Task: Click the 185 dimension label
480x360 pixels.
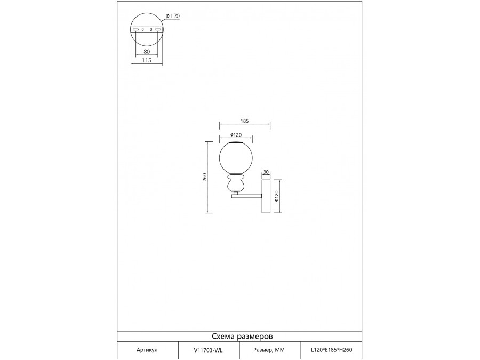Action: click(x=245, y=121)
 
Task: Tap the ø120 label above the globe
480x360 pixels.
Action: click(x=236, y=135)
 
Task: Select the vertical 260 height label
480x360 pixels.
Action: click(x=205, y=177)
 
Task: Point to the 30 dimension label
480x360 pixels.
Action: click(x=266, y=172)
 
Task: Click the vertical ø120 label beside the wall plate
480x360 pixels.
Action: click(x=277, y=196)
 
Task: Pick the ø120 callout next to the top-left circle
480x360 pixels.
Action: click(x=173, y=16)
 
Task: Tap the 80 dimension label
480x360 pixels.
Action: click(x=147, y=52)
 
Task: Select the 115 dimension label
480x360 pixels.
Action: click(x=147, y=60)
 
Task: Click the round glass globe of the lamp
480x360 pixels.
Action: click(x=236, y=158)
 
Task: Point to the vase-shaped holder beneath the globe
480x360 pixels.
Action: click(x=235, y=183)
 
